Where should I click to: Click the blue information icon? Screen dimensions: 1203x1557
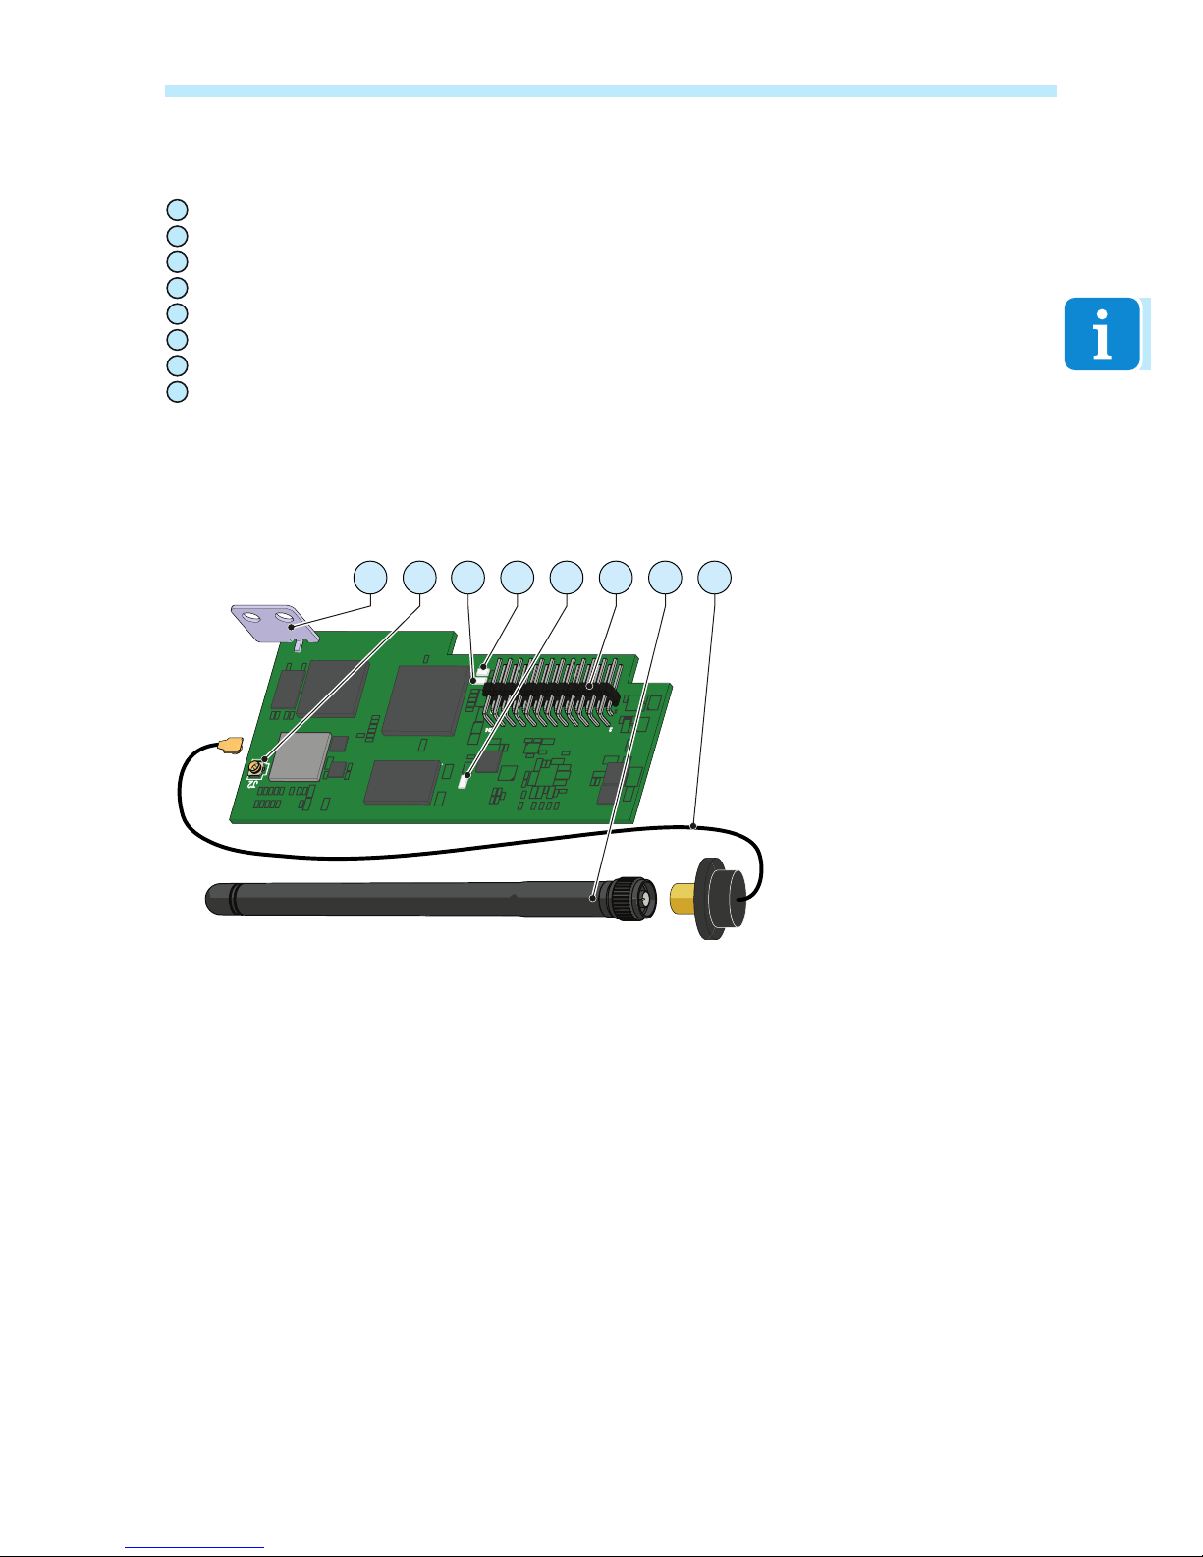pos(1102,334)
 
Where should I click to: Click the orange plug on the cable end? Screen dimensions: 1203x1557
pos(231,746)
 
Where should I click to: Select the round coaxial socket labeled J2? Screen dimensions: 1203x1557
pos(255,766)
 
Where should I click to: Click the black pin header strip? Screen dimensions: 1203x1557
pos(550,691)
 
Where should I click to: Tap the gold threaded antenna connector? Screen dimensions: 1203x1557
pos(684,898)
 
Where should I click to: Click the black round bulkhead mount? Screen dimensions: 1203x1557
pos(722,898)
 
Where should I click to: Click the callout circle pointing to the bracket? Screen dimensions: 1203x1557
pos(370,578)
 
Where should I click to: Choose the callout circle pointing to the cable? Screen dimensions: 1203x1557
pos(714,578)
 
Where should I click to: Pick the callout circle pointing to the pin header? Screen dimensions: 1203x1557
pos(616,578)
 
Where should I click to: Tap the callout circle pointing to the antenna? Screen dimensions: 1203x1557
pos(665,578)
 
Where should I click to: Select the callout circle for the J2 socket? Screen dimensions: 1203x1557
pos(419,578)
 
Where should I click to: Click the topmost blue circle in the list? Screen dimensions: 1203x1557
pos(176,209)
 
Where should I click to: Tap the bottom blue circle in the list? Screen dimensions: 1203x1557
pos(176,391)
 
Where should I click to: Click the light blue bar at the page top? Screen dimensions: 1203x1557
pos(609,91)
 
